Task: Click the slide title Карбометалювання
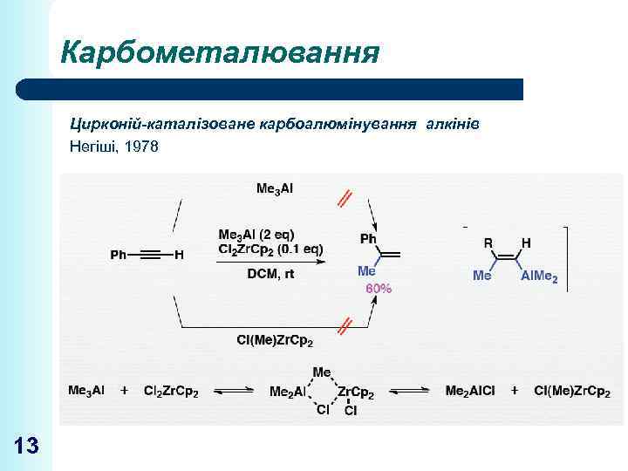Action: point(220,54)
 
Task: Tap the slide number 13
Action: point(27,447)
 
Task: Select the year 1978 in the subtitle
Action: point(142,147)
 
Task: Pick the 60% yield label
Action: point(378,289)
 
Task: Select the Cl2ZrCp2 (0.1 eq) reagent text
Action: point(270,249)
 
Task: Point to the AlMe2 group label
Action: point(539,276)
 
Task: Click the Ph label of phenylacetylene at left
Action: point(119,255)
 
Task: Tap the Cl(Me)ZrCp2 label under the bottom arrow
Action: point(275,339)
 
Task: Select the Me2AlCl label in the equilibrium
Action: point(469,392)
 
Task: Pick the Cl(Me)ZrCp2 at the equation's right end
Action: point(571,392)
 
